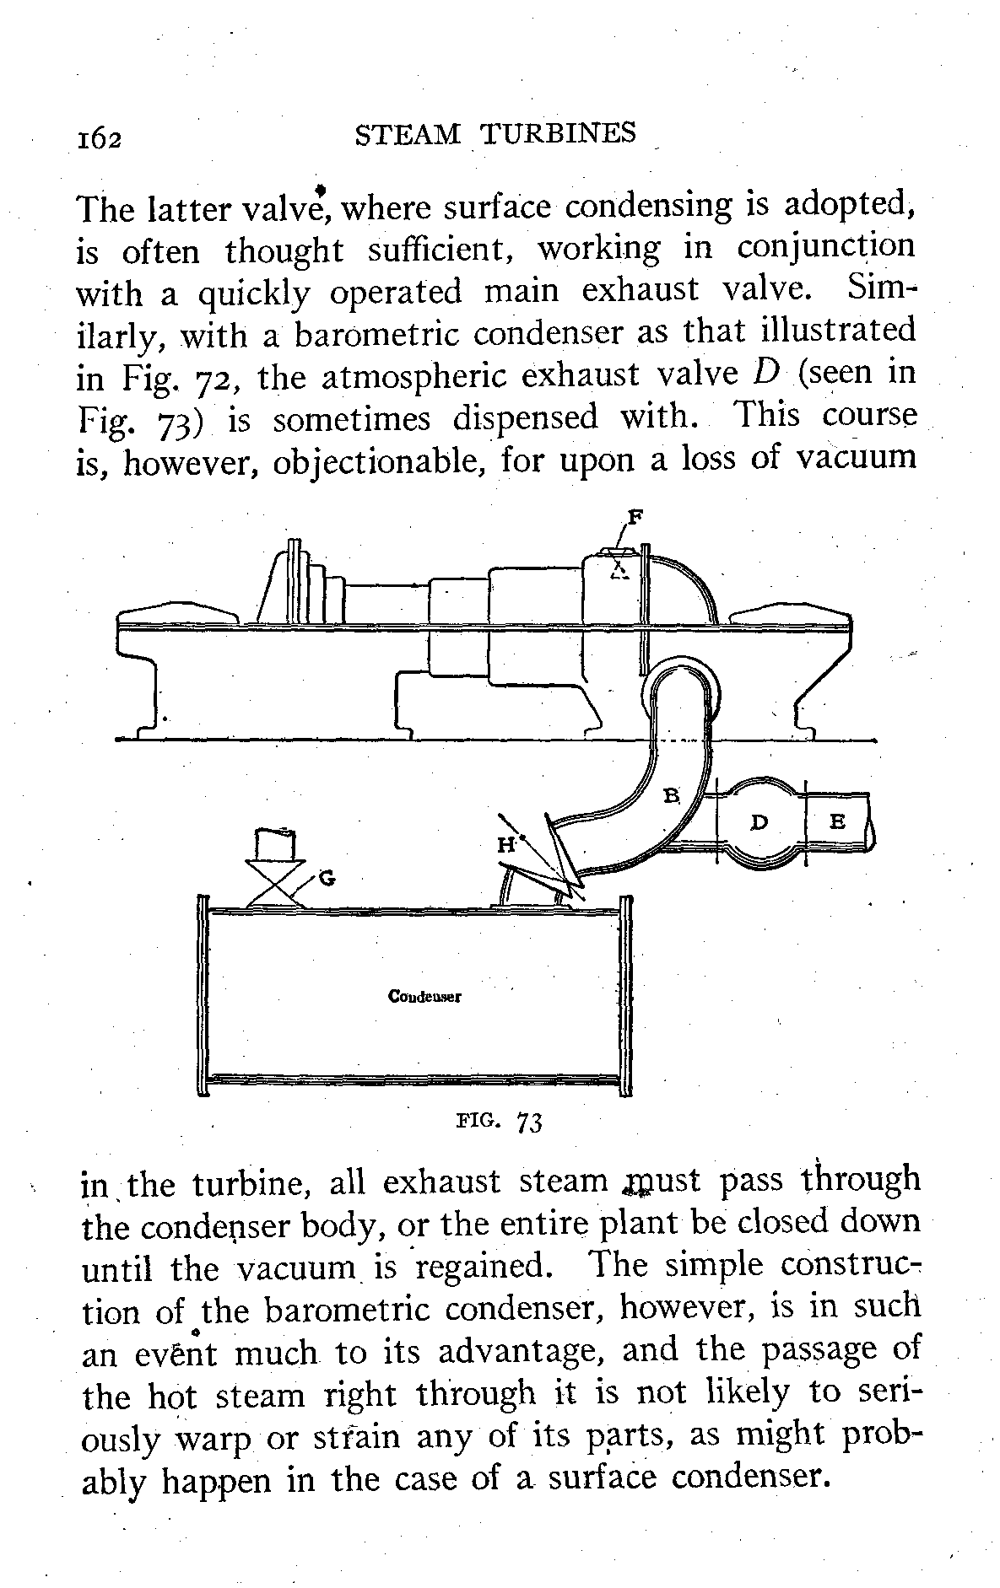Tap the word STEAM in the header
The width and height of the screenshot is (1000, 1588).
click(408, 135)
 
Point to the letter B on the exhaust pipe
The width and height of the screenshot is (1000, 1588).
click(672, 794)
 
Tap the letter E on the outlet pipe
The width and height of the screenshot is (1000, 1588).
click(837, 821)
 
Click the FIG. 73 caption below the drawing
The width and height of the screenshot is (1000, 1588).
click(498, 1122)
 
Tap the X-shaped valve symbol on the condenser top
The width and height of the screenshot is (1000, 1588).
click(275, 885)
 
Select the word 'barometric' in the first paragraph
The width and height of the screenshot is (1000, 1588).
click(377, 332)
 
